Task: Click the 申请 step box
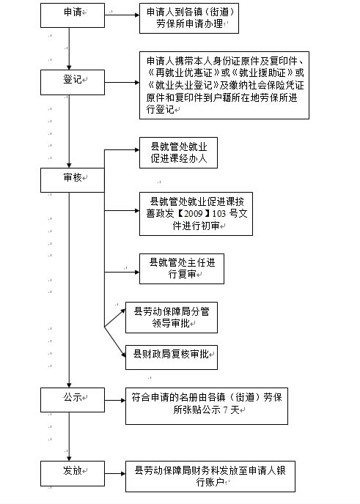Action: pyautogui.click(x=73, y=15)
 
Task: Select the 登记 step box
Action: pyautogui.click(x=73, y=82)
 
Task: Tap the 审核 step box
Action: pyautogui.click(x=73, y=180)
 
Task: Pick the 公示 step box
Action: pyautogui.click(x=73, y=400)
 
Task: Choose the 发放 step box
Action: pyautogui.click(x=73, y=473)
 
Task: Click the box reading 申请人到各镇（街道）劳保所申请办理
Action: pyautogui.click(x=189, y=18)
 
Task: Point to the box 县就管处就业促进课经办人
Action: pyautogui.click(x=178, y=152)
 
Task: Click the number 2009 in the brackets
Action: pyautogui.click(x=193, y=213)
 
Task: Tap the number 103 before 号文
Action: pyautogui.click(x=219, y=213)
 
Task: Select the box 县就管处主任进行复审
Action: pyautogui.click(x=181, y=269)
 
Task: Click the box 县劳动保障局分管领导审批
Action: pyautogui.click(x=171, y=317)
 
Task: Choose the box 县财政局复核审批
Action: pyautogui.click(x=171, y=357)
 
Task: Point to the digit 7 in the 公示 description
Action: pyautogui.click(x=226, y=409)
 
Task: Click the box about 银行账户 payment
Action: pyautogui.click(x=210, y=476)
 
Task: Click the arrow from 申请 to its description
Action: pyautogui.click(x=122, y=15)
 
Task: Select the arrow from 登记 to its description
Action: pyautogui.click(x=122, y=83)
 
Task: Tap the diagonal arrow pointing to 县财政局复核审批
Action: pyautogui.click(x=115, y=342)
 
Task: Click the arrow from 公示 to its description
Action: pyautogui.click(x=115, y=400)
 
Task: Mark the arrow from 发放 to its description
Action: pyautogui.click(x=115, y=473)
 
